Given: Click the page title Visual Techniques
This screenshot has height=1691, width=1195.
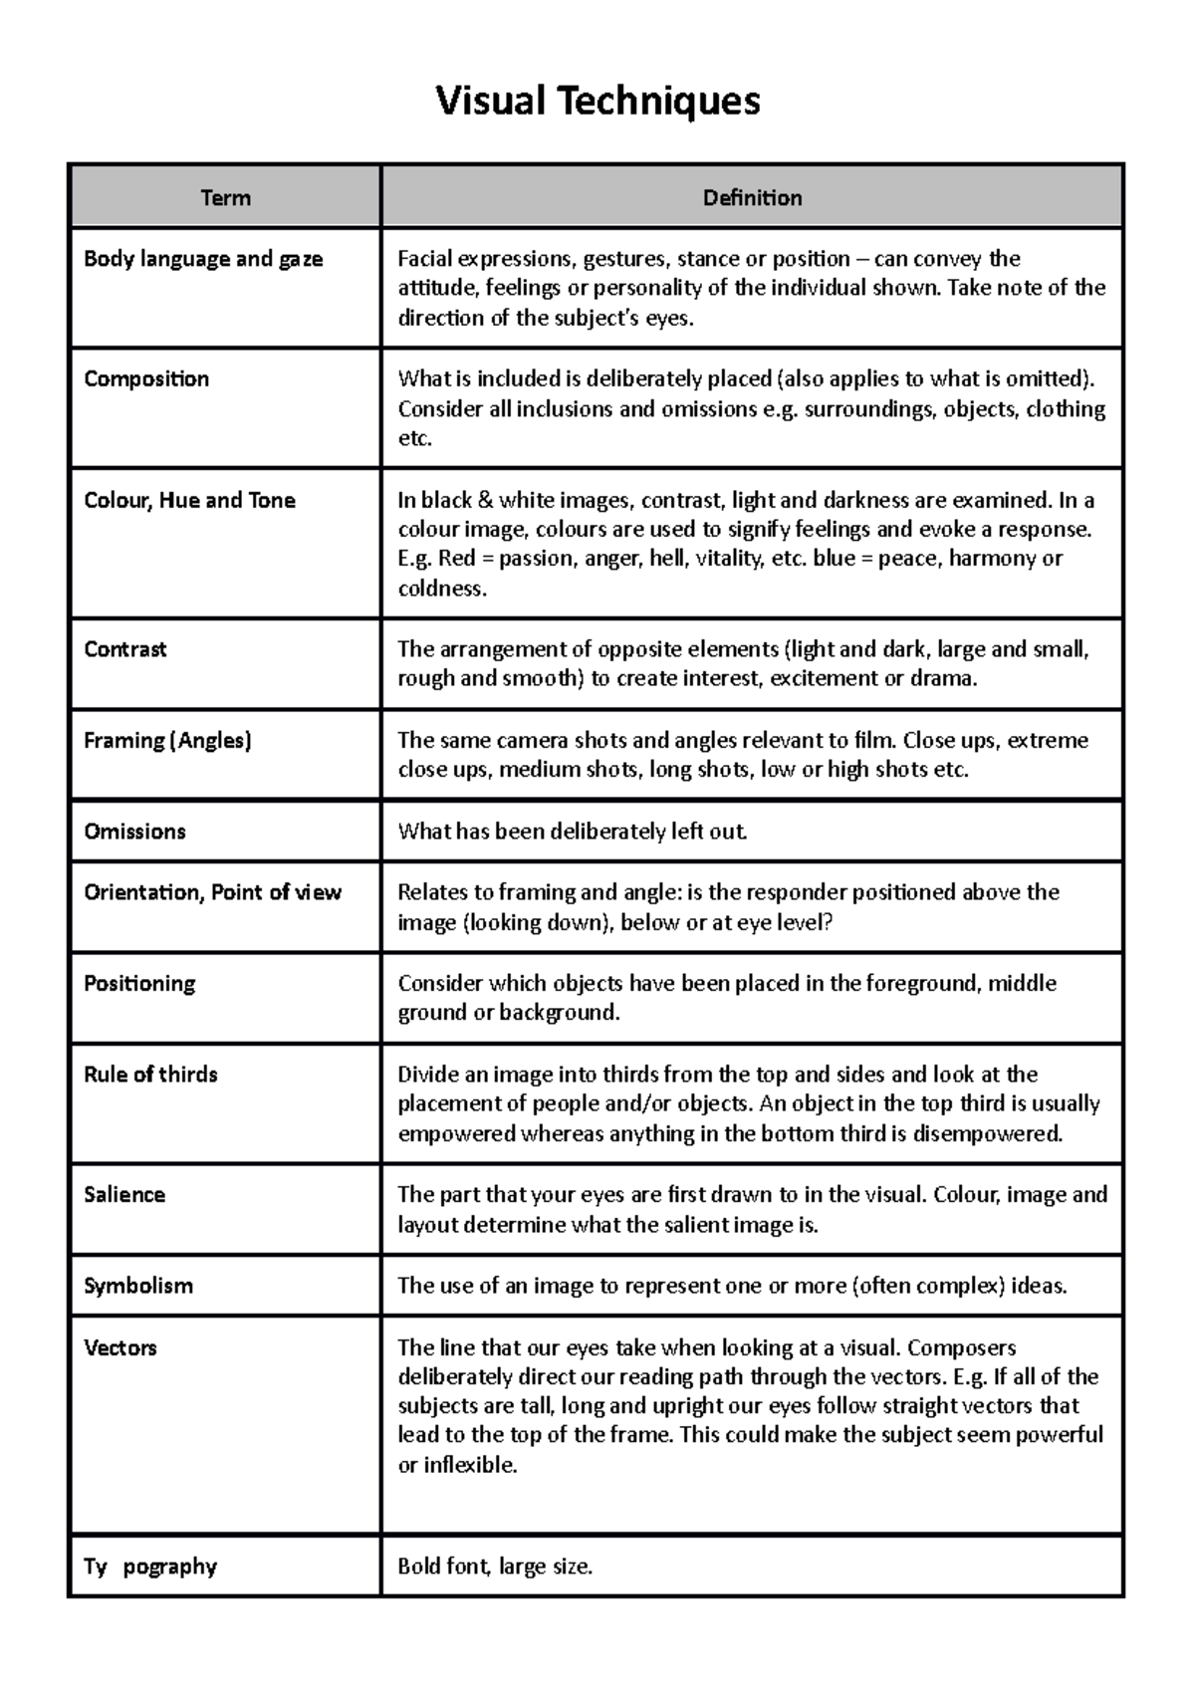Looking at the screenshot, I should point(597,102).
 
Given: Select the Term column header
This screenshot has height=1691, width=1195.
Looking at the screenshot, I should point(226,198).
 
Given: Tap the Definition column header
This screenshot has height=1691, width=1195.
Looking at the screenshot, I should point(752,198).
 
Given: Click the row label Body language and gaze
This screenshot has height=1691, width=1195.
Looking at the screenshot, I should point(203,259).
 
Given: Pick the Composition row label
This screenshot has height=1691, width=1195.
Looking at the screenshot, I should point(146,378).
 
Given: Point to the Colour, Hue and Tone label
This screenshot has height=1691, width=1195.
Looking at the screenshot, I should point(189,500).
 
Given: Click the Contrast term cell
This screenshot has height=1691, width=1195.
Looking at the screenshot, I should point(125,649).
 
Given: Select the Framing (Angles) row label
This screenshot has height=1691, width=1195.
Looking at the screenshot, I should point(167,740).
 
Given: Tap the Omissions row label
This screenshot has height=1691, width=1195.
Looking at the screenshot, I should point(134,832).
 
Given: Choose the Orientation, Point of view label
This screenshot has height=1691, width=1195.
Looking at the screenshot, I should point(212,892).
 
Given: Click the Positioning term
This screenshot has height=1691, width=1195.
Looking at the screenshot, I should point(139,983).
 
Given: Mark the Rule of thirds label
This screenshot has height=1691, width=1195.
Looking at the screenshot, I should point(150,1075).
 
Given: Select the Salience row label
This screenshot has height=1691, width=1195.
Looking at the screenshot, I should point(124,1195).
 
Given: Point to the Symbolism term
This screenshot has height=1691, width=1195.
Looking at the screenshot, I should point(138,1286).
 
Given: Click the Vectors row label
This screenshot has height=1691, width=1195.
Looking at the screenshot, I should point(120,1348).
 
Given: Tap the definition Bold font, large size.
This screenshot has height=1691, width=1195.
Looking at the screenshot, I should point(495,1567).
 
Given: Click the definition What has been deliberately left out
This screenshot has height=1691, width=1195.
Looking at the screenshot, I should point(573,832).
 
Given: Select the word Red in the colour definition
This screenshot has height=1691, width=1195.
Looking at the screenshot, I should point(457,559).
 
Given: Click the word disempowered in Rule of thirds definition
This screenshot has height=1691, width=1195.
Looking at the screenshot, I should point(987,1133).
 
